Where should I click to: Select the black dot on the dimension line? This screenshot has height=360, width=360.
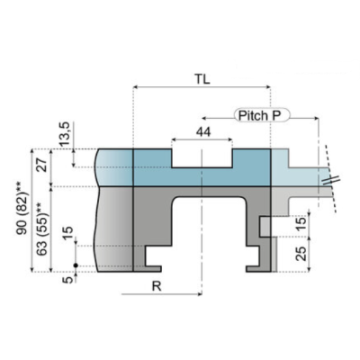tap(76, 264)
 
